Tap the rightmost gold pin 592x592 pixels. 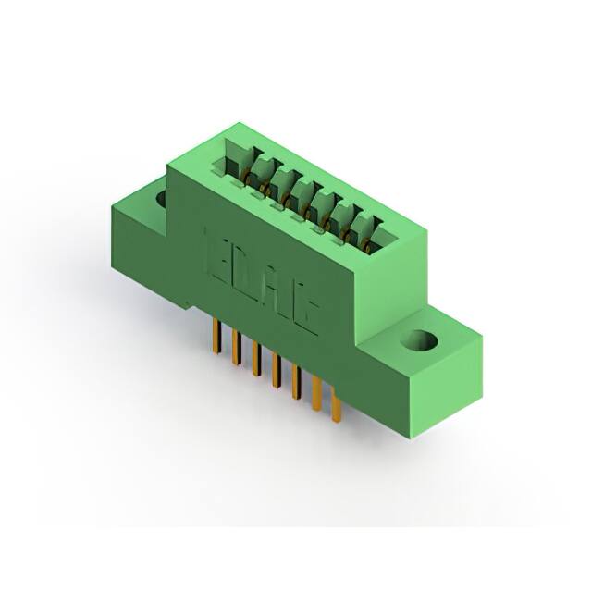coord(336,407)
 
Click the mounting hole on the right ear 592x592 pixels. coord(424,340)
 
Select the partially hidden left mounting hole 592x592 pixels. coord(161,197)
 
